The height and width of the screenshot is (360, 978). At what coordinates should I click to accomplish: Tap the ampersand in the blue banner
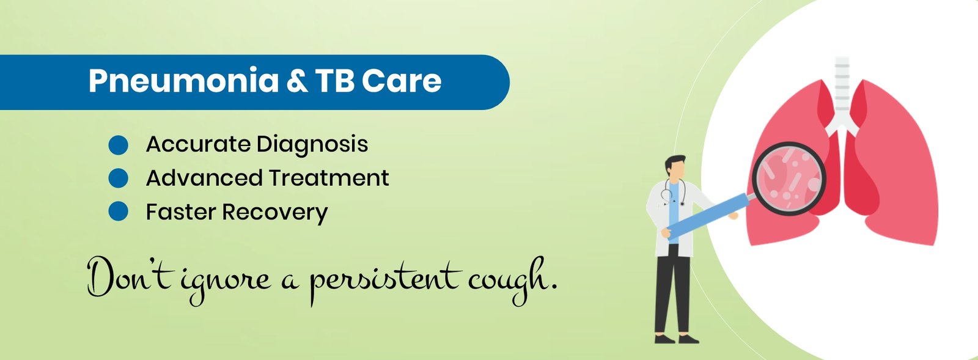297,80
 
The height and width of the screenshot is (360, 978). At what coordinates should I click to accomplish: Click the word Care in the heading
402,81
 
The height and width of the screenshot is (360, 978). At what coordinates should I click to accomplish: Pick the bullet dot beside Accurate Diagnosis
118,145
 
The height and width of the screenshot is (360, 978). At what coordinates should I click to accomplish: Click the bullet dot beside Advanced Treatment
118,178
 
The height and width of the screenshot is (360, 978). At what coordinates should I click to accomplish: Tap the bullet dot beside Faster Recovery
118,211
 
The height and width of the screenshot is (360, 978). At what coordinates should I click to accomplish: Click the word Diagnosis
312,145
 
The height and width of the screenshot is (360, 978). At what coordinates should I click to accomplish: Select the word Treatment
328,178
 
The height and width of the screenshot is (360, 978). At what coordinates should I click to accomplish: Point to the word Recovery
274,213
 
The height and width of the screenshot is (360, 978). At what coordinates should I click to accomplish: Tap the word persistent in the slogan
385,280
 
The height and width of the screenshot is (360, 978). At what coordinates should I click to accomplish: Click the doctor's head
675,168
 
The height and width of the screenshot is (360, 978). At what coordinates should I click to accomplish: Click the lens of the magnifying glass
789,178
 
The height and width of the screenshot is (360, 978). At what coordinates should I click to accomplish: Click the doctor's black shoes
676,339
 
